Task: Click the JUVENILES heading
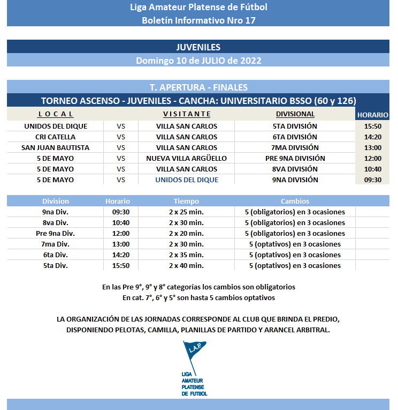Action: [198, 47]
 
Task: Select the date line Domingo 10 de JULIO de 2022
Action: [198, 61]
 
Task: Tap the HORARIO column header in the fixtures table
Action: [372, 115]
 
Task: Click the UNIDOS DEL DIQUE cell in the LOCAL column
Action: [56, 126]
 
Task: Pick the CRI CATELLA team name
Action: [56, 137]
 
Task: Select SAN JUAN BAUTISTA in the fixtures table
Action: [56, 147]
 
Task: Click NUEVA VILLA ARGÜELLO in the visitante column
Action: [187, 158]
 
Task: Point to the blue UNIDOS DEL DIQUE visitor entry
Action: [187, 180]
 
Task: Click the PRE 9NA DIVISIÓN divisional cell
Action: [295, 158]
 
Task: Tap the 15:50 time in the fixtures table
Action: [372, 126]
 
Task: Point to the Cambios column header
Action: [295, 201]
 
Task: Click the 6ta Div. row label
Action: [56, 255]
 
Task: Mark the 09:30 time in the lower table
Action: [118, 212]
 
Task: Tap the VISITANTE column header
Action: [187, 114]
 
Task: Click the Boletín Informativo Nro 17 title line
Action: [198, 20]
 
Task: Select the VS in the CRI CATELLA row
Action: [121, 137]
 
